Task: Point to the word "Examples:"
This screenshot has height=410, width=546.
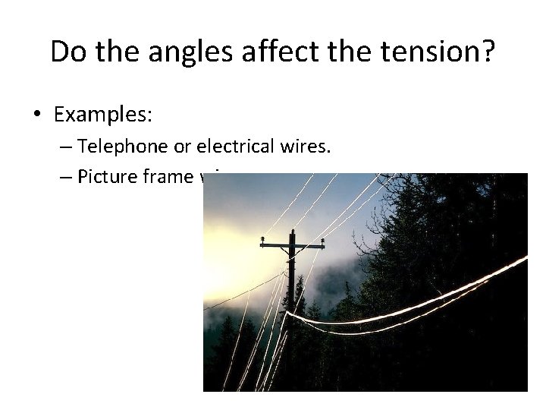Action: click(103, 115)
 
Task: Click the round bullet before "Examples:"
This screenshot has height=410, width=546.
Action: click(37, 115)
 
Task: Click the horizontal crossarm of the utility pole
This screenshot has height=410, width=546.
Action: click(293, 247)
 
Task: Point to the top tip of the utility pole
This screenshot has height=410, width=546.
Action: click(292, 230)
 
